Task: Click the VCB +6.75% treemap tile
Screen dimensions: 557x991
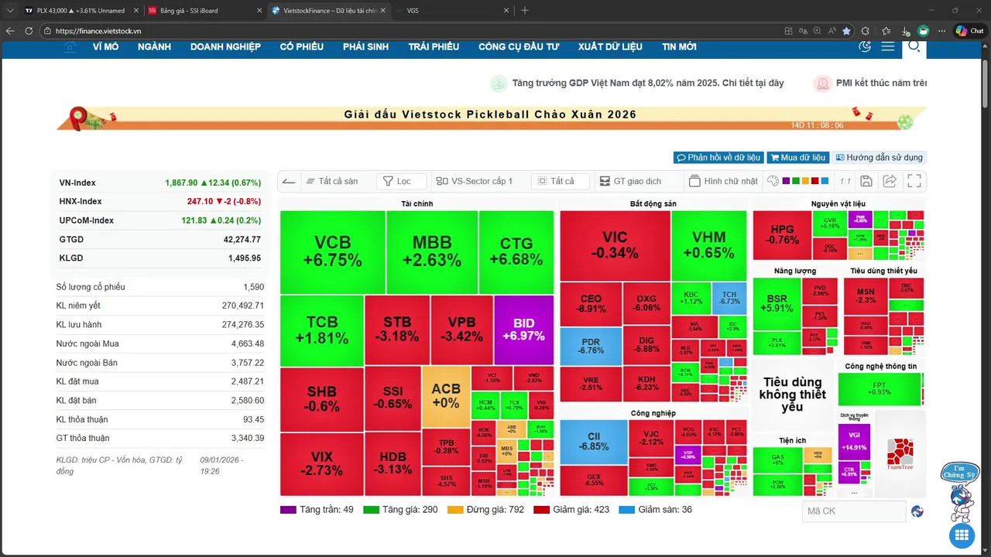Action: [332, 251]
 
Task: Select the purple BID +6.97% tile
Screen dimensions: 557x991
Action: [523, 330]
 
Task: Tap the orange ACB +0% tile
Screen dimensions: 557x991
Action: [445, 395]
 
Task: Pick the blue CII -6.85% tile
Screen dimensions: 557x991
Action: [593, 441]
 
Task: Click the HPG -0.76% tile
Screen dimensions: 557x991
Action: [782, 234]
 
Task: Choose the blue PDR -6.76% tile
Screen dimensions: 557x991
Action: [591, 346]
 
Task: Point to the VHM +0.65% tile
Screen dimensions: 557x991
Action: [708, 244]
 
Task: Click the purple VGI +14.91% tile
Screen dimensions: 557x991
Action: [854, 440]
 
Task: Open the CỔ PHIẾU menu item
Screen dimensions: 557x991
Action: [301, 47]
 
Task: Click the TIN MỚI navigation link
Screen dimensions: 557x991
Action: [679, 47]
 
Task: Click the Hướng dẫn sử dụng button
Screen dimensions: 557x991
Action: [879, 158]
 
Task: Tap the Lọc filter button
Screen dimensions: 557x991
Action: [402, 181]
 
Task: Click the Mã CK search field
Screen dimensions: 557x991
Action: [853, 511]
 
